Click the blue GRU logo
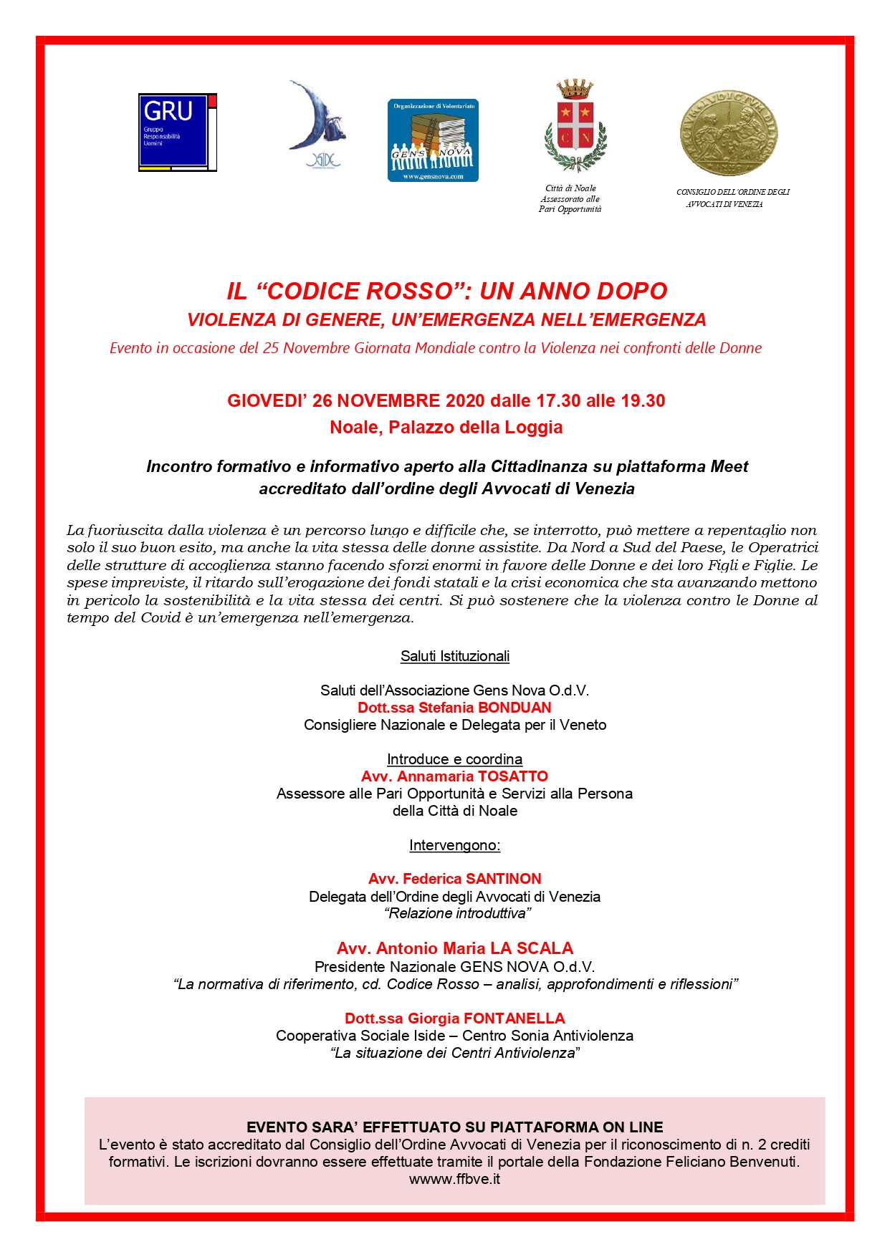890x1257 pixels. click(177, 133)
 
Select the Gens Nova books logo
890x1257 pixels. click(433, 140)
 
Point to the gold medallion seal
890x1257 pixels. click(729, 133)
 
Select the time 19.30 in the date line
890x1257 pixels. click(643, 401)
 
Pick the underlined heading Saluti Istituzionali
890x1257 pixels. click(455, 656)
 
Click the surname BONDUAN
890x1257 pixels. click(515, 708)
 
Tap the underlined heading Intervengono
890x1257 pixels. click(455, 845)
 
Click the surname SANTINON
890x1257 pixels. click(503, 879)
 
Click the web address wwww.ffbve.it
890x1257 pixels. click(454, 1179)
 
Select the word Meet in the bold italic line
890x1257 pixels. click(729, 467)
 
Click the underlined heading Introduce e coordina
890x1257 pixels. click(454, 759)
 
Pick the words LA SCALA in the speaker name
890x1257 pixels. click(532, 949)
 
